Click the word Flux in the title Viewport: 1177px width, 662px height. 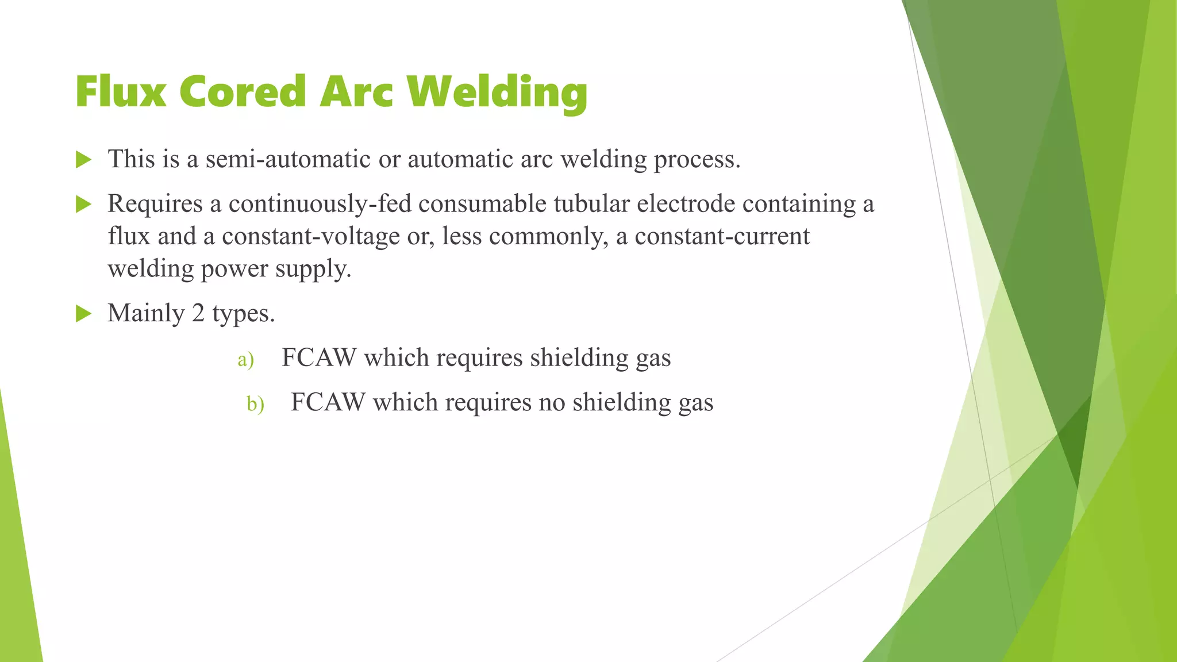point(121,92)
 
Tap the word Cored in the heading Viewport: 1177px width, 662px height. point(243,92)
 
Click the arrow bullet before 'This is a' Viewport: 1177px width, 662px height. point(84,160)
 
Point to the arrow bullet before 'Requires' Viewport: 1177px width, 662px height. point(84,204)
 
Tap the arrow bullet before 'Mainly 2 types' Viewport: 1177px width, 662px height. point(84,314)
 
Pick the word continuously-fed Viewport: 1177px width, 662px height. point(320,205)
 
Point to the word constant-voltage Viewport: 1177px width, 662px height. point(311,236)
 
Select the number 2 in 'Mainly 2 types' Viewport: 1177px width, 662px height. point(198,313)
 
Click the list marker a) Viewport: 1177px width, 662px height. point(245,360)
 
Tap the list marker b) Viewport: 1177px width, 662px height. point(255,404)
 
